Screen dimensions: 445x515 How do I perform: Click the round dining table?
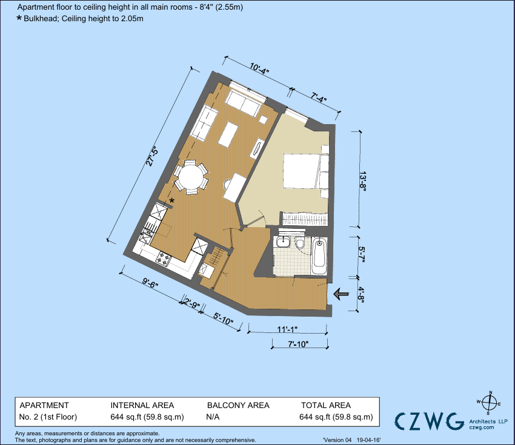point(190,177)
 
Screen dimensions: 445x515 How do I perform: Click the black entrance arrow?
point(342,294)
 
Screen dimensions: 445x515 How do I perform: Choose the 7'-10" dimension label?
point(297,344)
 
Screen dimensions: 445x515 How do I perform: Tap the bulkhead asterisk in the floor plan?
point(172,201)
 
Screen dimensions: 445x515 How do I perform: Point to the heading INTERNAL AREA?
point(142,405)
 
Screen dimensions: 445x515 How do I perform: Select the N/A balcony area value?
point(213,417)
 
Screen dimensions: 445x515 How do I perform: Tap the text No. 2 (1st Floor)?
point(48,417)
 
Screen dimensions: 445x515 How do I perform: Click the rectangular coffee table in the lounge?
point(228,134)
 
